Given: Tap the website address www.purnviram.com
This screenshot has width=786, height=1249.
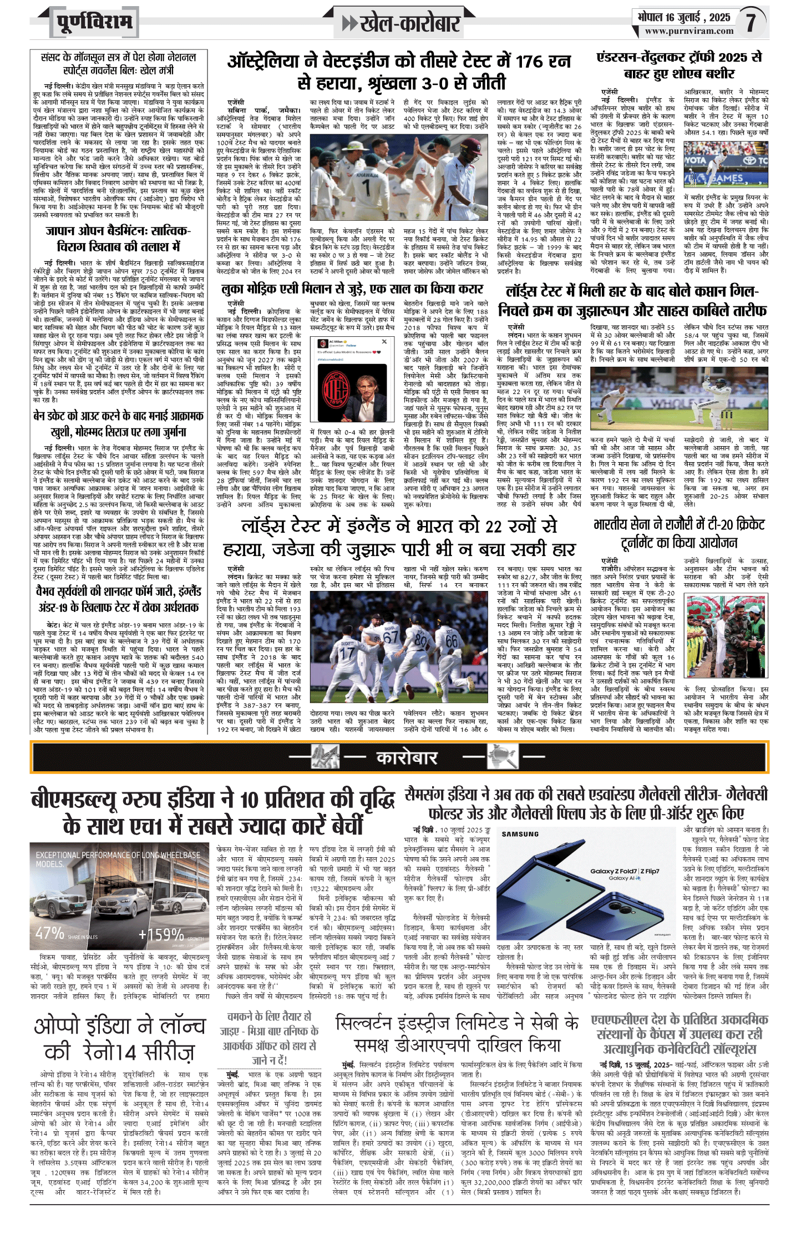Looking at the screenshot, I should [689, 32].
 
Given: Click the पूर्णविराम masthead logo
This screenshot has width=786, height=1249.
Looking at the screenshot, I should [94, 23].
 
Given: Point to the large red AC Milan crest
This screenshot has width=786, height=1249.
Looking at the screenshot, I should [338, 386].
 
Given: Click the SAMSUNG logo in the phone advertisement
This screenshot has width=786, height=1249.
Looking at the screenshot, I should [520, 833].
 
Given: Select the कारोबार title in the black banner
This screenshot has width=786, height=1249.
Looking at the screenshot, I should [407, 757].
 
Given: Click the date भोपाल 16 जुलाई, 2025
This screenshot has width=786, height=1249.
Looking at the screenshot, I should [683, 17].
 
